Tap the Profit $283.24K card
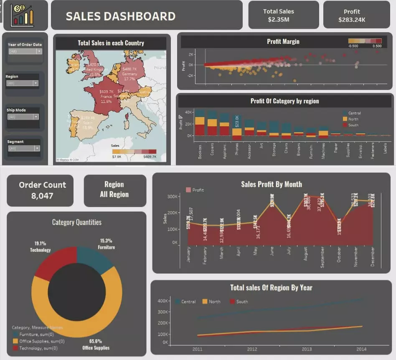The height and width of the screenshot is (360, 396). [x=352, y=15]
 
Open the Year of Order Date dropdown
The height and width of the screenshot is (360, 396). [x=25, y=51]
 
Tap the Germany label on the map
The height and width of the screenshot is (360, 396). [x=129, y=74]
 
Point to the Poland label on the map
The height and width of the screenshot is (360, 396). [x=159, y=67]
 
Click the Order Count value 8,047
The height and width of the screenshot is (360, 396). [x=42, y=195]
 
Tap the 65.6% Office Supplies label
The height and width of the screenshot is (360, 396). [x=96, y=344]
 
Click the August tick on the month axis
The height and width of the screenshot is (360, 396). [x=305, y=253]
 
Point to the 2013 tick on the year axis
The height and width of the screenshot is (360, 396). [x=307, y=349]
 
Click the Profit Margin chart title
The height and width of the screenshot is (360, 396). [x=283, y=41]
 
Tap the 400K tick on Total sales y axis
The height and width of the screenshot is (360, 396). [x=162, y=301]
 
